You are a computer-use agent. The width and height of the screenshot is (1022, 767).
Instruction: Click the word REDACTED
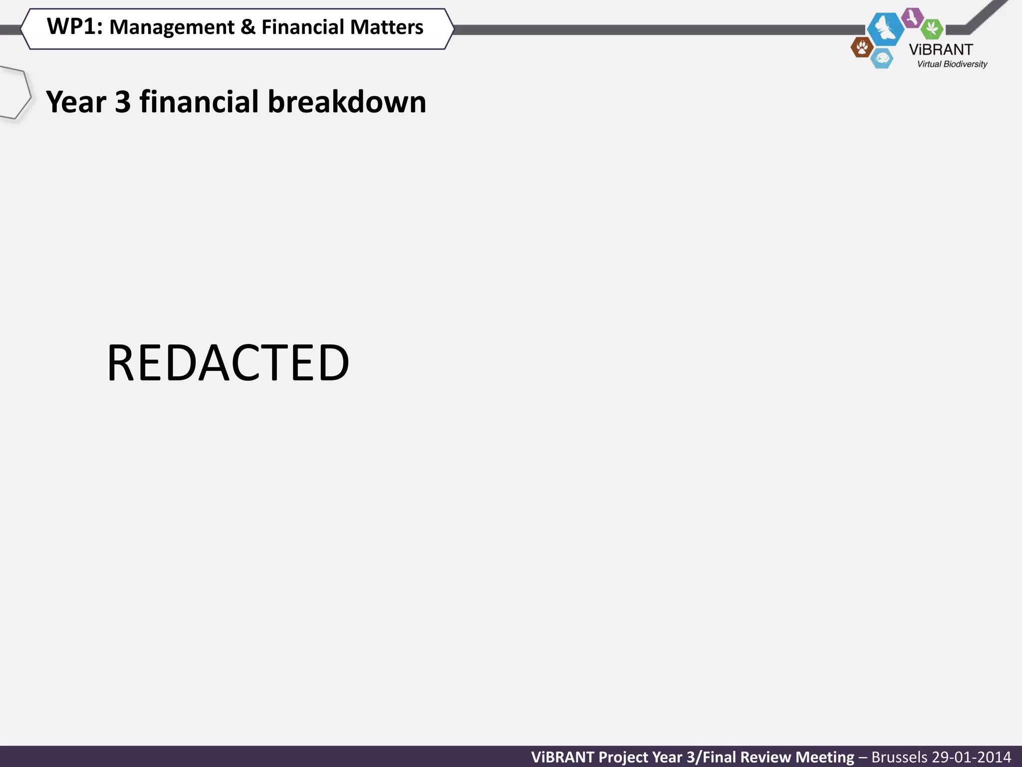(x=228, y=363)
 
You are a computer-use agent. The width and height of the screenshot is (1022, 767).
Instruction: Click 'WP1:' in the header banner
(x=74, y=26)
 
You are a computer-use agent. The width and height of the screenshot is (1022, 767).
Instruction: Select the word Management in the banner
(x=172, y=27)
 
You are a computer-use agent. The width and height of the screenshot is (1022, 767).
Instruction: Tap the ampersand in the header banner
(x=248, y=27)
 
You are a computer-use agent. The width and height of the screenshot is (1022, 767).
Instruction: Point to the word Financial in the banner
(x=301, y=27)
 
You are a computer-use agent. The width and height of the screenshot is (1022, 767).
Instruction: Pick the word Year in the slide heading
(x=76, y=102)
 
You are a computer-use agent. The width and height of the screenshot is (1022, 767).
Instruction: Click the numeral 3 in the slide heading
(x=123, y=102)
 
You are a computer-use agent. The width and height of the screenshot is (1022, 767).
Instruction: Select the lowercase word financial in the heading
(x=199, y=102)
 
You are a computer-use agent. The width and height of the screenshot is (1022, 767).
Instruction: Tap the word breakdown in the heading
(x=347, y=102)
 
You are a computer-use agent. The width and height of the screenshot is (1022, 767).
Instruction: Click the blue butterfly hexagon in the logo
(x=885, y=28)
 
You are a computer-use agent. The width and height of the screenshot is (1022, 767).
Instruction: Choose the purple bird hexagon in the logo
(x=913, y=18)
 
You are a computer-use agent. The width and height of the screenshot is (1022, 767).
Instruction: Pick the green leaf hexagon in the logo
(x=932, y=28)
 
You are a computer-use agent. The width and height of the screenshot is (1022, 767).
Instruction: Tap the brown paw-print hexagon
(x=861, y=48)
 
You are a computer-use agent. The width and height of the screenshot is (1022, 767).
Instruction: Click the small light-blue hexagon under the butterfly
(x=882, y=59)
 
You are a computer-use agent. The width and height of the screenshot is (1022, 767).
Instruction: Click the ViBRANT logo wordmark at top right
(x=941, y=50)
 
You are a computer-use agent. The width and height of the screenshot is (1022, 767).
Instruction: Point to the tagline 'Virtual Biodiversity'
(x=952, y=64)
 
